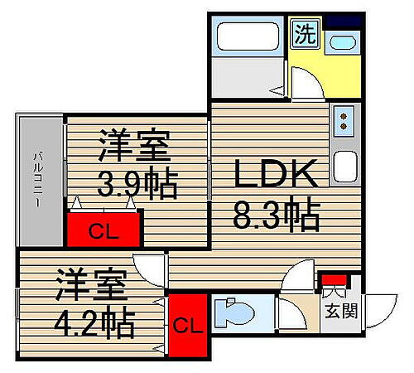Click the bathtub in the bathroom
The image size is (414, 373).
(248, 40)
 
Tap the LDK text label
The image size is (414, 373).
(275, 177)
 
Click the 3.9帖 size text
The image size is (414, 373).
(137, 184)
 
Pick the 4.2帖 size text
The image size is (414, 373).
(95, 322)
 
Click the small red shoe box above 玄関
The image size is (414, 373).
(334, 279)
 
